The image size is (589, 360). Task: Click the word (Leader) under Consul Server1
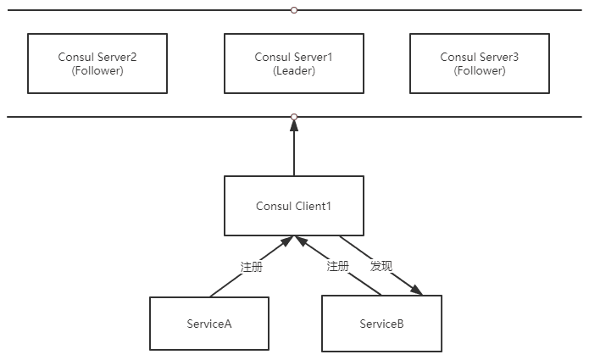(x=294, y=71)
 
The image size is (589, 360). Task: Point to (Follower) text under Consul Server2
(x=97, y=71)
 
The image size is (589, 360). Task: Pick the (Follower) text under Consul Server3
(x=479, y=71)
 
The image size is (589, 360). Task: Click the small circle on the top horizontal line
(x=294, y=10)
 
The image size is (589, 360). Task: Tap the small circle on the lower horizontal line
(x=294, y=117)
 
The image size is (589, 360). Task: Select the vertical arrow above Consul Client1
(x=294, y=152)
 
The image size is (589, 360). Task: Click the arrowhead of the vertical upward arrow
(x=294, y=125)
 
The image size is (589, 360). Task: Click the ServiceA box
(x=209, y=324)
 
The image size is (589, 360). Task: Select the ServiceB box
(x=381, y=324)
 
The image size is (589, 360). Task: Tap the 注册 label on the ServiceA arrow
(x=252, y=266)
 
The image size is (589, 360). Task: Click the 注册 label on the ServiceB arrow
(x=338, y=266)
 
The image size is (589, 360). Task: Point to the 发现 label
(x=381, y=266)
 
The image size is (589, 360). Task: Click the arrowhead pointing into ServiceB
(x=416, y=291)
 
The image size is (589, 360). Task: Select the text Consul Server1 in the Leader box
(x=294, y=57)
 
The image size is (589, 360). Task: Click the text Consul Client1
(x=293, y=206)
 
